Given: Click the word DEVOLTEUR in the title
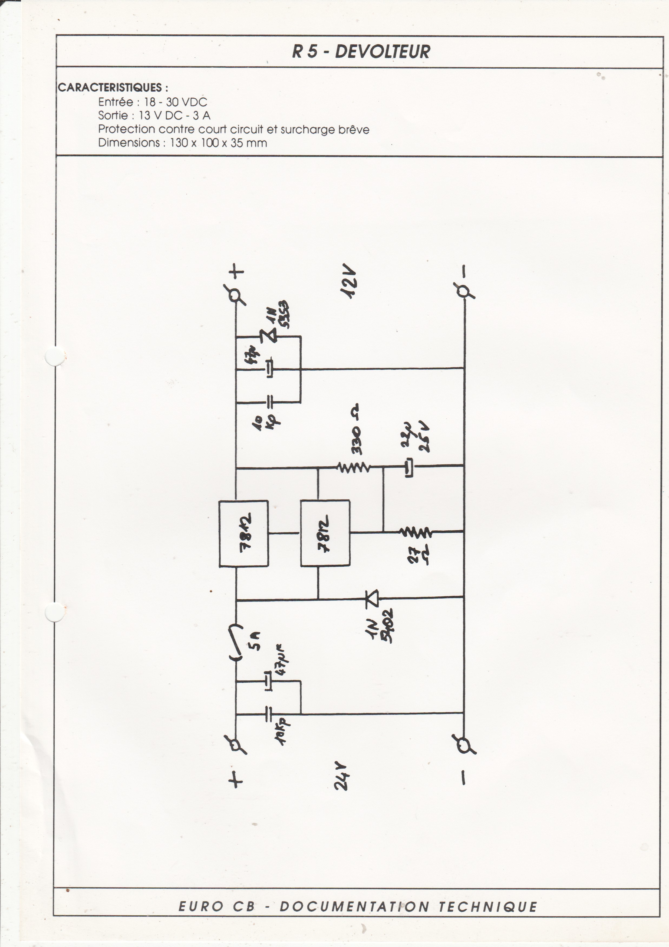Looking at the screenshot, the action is click(382, 52).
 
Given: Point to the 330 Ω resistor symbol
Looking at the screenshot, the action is click(353, 467).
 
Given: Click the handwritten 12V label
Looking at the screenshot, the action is click(349, 284).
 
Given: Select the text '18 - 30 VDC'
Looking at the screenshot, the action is click(175, 102).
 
